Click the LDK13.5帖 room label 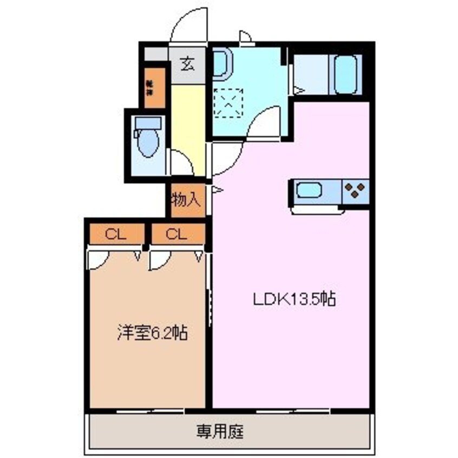coord(293,299)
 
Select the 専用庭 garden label coord(220,431)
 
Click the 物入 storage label coord(186,200)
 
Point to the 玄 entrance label coord(187,65)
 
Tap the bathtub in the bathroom coord(344,75)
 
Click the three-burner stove coord(355,191)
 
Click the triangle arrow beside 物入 coord(218,190)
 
